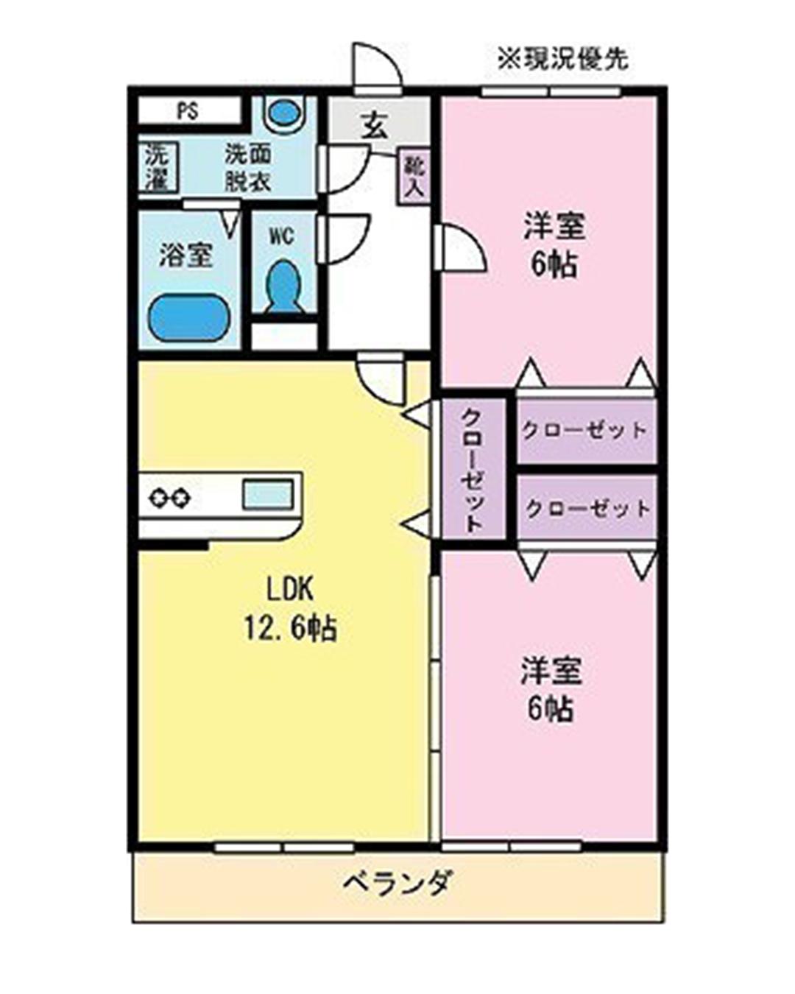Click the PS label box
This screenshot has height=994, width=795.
[188, 112]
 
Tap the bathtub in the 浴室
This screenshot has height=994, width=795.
[189, 317]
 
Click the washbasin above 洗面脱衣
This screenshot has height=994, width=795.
[284, 113]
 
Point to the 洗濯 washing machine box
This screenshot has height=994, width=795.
[157, 168]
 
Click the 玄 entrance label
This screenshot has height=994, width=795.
[375, 127]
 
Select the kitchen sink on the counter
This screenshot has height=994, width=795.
[268, 493]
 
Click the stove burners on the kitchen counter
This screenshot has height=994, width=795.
[170, 498]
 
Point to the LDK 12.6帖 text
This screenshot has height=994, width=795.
[290, 608]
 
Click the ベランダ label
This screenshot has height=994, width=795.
[398, 881]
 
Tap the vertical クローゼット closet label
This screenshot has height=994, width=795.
[473, 468]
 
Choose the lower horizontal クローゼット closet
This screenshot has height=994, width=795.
[587, 508]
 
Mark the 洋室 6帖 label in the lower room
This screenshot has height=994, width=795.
[551, 689]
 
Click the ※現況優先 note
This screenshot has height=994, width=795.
[563, 58]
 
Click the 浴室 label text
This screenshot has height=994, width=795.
[186, 255]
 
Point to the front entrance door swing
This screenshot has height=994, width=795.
[377, 68]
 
